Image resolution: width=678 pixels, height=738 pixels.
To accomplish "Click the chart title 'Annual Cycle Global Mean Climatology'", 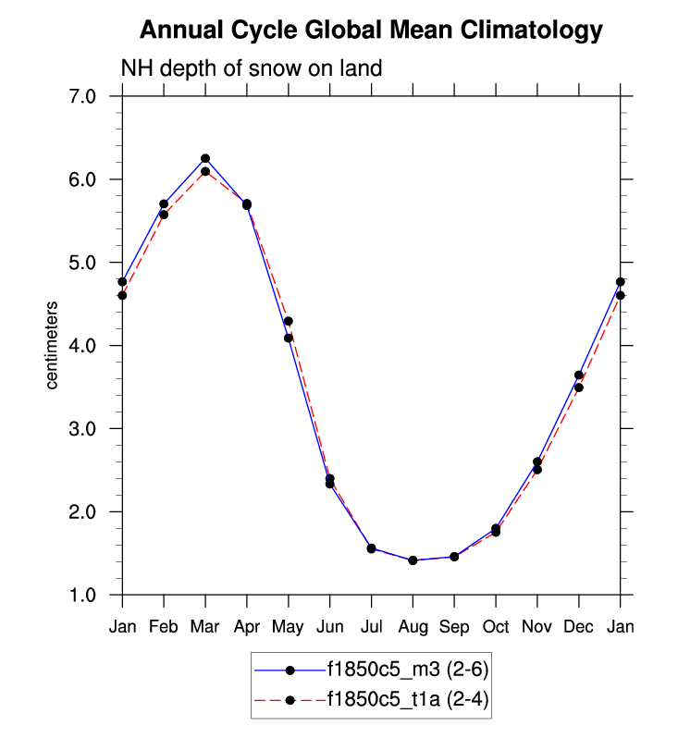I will [371, 31].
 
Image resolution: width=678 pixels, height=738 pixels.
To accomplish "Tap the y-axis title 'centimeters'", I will [53, 345].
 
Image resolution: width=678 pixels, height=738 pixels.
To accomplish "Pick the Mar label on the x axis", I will [204, 627].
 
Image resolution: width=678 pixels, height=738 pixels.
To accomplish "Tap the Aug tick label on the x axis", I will [413, 627].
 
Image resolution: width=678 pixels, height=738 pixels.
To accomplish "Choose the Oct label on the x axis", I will [496, 627].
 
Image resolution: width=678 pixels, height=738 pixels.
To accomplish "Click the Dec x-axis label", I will [579, 627].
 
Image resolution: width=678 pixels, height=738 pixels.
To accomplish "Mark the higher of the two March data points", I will [205, 159].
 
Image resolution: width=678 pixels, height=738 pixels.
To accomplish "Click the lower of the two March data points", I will [205, 172].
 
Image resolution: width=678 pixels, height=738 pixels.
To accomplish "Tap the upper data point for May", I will [289, 322].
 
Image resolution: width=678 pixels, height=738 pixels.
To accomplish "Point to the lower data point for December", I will [579, 387].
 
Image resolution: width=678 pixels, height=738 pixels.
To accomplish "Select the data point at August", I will [413, 560].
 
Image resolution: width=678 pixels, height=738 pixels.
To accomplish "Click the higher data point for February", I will [164, 204].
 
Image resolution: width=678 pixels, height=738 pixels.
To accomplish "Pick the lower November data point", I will [537, 470].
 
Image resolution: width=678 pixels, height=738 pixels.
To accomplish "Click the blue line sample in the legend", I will [290, 669].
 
